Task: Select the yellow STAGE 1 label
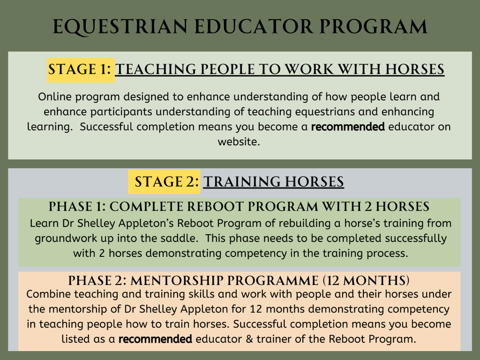(x=80, y=70)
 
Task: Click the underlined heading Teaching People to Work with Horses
(x=280, y=70)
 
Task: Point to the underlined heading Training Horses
(x=274, y=182)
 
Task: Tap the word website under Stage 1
(x=238, y=142)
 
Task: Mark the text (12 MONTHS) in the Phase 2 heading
(x=367, y=280)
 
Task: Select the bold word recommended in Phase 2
(x=156, y=339)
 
